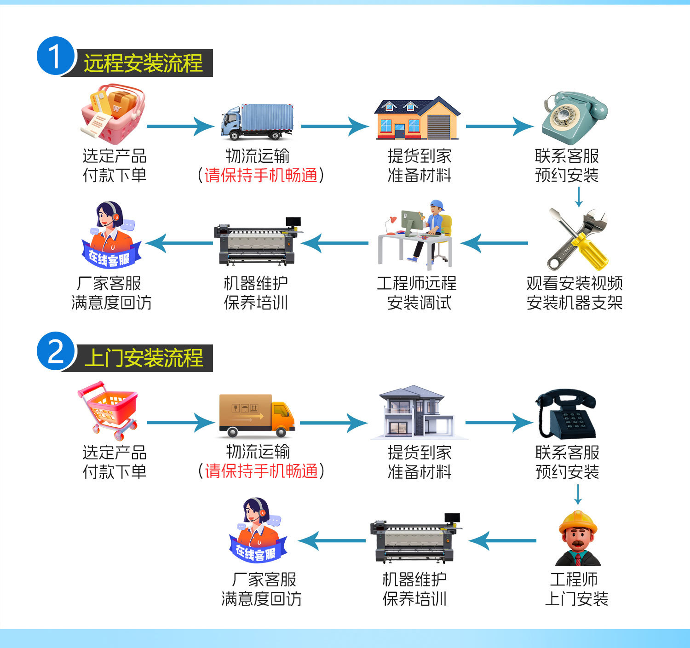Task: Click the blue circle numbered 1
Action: coord(55,56)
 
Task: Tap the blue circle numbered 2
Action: coord(55,351)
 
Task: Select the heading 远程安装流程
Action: coord(143,63)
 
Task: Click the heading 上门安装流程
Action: coord(144,358)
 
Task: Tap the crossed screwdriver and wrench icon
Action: coord(577,239)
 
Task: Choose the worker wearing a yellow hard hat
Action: coord(578,538)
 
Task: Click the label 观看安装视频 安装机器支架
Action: coord(574,293)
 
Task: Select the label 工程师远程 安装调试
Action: coord(417,293)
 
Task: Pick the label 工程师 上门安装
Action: coord(576,589)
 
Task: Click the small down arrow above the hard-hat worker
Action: coord(578,496)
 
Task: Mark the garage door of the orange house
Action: coord(438,126)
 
